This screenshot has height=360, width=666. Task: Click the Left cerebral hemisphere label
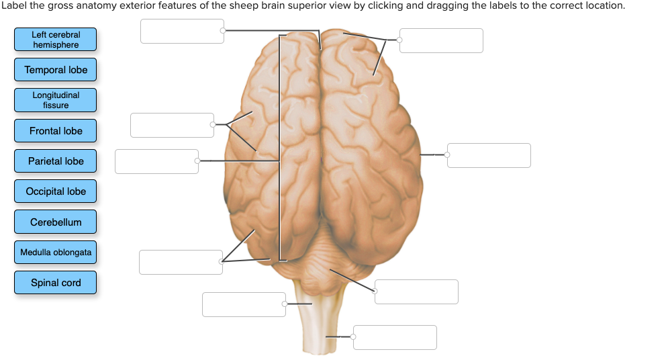[56, 40]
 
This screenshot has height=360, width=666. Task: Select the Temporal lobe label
[56, 70]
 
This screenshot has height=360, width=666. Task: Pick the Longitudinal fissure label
[56, 100]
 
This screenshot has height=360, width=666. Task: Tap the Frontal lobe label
[56, 131]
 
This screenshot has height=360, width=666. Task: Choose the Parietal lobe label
[56, 161]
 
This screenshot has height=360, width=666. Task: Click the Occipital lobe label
[56, 191]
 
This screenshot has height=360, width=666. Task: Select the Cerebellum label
[56, 222]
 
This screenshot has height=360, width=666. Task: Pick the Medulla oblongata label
[56, 253]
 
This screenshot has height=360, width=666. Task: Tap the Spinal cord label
[56, 283]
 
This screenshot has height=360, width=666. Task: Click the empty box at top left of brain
[182, 31]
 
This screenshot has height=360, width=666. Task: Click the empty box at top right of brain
[441, 40]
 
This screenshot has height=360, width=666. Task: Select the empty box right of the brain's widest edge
[489, 155]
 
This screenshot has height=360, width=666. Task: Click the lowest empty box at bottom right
[395, 337]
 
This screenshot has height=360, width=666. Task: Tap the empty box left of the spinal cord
[244, 304]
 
